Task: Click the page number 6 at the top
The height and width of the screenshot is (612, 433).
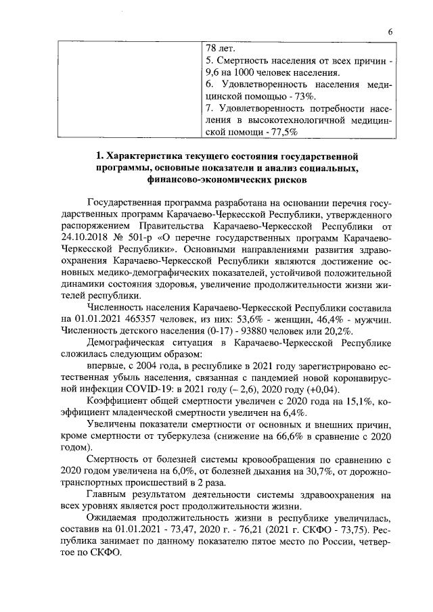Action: coord(390,32)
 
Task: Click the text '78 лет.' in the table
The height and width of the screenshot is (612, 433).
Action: coord(220,49)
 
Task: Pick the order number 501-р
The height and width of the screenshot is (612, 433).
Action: coord(152,238)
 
